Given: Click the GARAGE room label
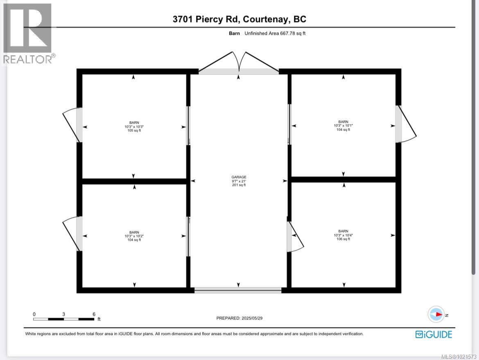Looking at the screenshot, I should (239, 177).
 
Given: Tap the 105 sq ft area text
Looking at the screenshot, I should (134, 131).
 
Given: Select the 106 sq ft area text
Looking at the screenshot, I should (343, 239).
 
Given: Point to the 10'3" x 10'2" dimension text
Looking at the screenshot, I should (134, 236).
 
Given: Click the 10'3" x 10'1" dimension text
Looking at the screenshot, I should (343, 126).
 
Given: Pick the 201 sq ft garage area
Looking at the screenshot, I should (239, 185).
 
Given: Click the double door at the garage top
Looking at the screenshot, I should (239, 63).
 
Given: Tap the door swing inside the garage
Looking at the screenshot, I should (295, 238).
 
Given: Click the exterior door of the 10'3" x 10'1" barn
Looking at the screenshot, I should (405, 124).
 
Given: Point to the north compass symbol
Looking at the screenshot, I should (436, 315).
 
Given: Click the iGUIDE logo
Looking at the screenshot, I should (434, 334).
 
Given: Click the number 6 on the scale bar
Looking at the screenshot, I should (94, 314).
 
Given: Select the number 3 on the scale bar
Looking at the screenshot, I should (63, 314).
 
